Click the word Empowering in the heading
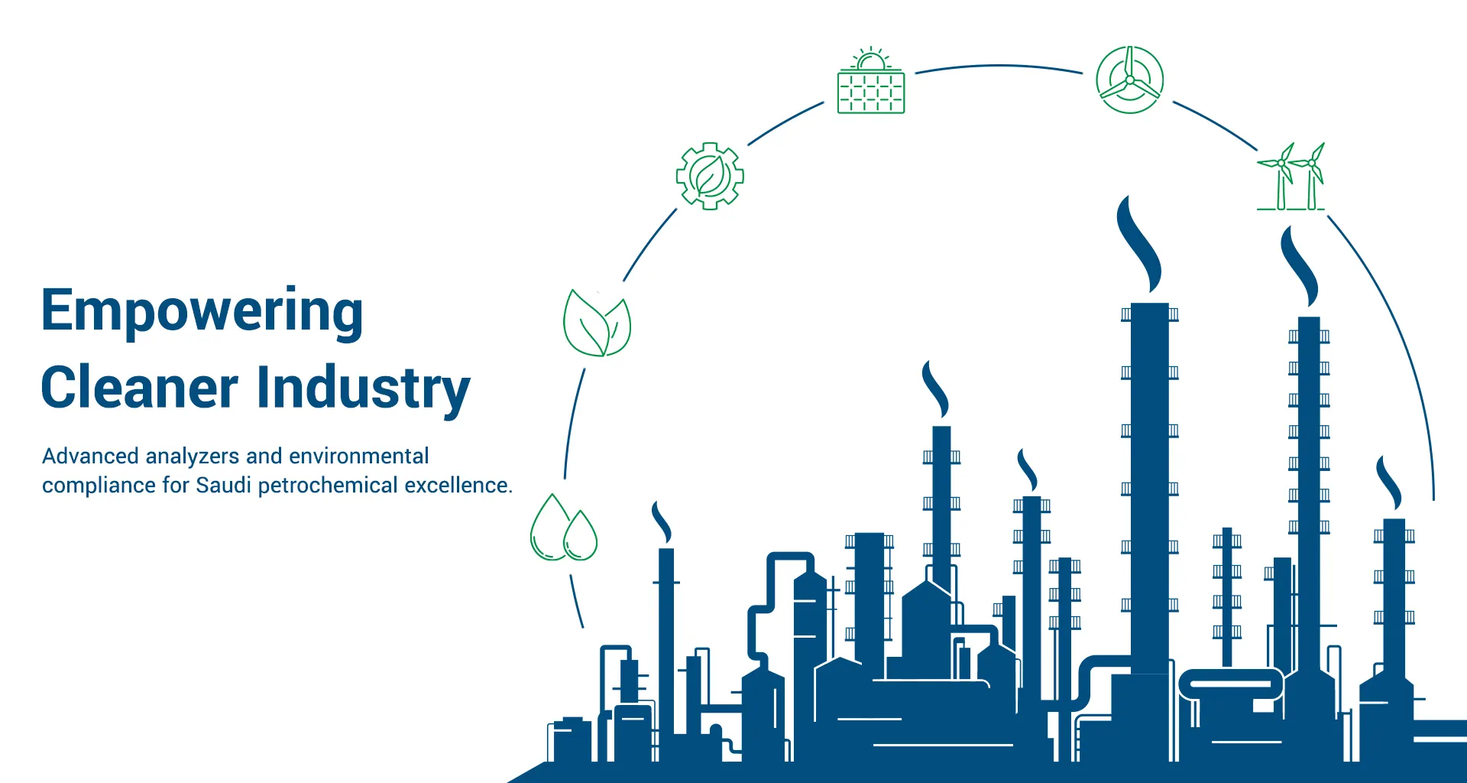(x=202, y=311)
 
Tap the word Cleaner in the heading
(x=139, y=388)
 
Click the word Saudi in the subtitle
(x=223, y=486)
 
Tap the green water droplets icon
(x=564, y=529)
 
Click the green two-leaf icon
(x=597, y=323)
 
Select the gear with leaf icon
(x=710, y=176)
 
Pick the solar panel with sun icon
(x=871, y=82)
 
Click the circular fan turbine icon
(x=1129, y=80)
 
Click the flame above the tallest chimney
(x=1141, y=244)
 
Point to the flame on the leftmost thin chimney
(x=662, y=522)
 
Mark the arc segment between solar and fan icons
(x=999, y=67)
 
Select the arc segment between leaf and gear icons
(x=649, y=245)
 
